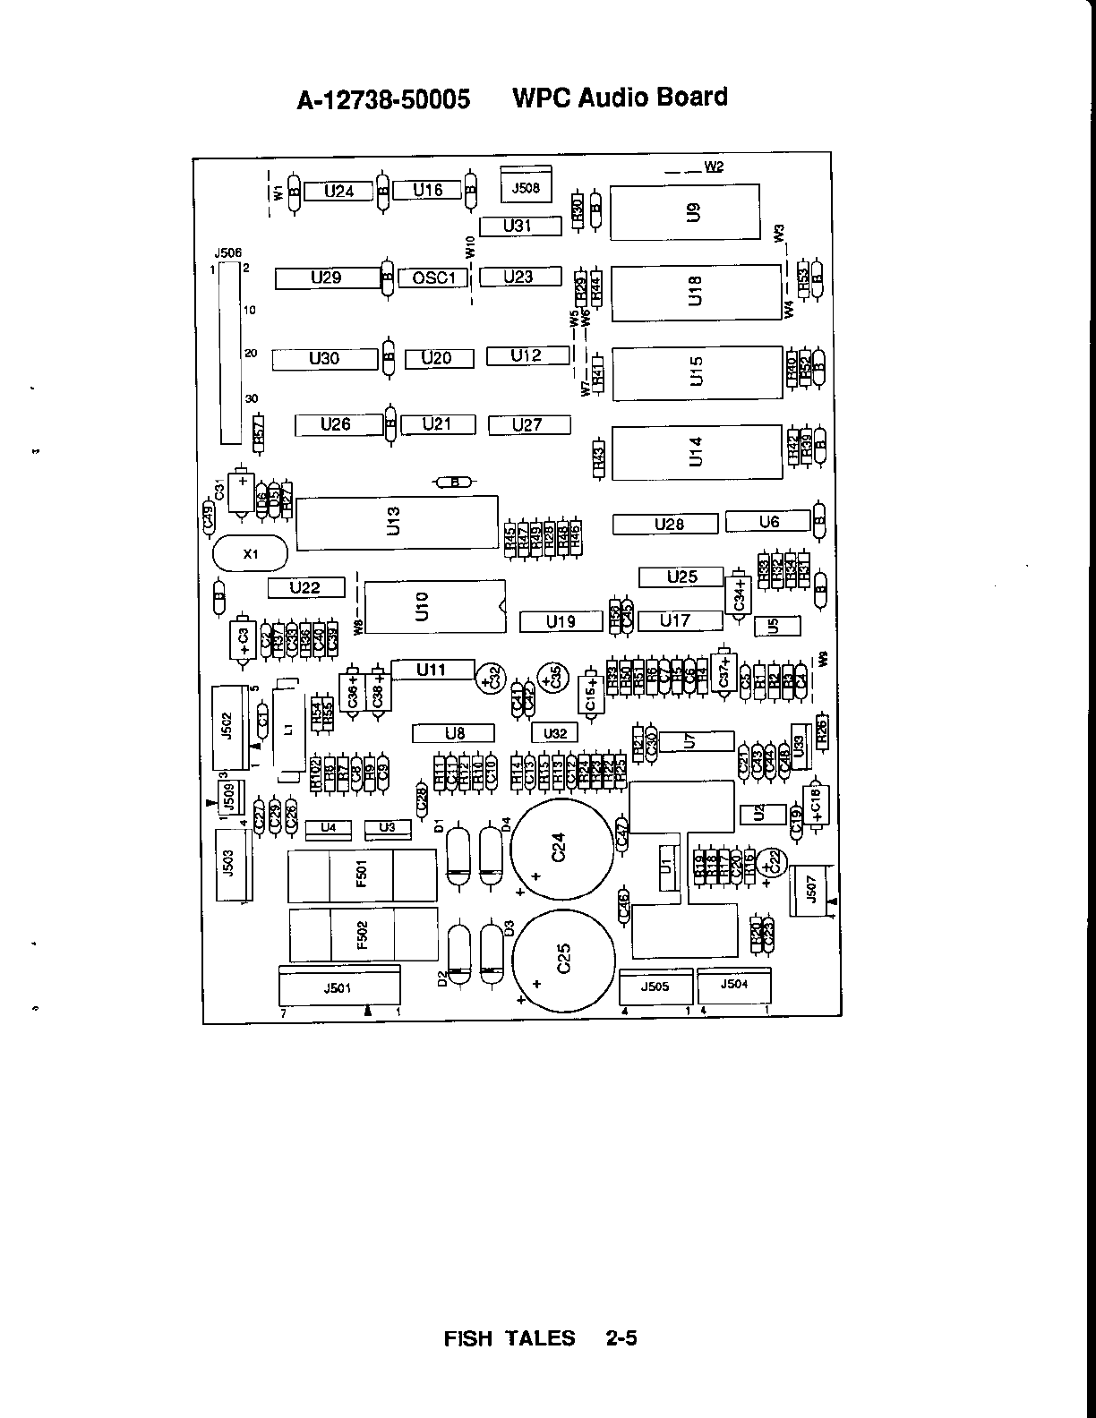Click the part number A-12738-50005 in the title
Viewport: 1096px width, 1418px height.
pos(383,99)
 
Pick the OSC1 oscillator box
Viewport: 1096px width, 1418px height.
pos(433,278)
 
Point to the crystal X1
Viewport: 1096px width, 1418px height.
pos(250,554)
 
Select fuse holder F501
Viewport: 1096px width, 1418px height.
pos(362,876)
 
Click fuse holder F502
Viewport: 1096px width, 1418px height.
pos(363,935)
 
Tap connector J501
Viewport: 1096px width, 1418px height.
pos(339,988)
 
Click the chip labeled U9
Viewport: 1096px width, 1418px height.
pos(685,212)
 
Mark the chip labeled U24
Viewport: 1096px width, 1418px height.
pos(338,191)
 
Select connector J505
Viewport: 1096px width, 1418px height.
pos(655,987)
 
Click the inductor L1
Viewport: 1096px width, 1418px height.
pos(287,730)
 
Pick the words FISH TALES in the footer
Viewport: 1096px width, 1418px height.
pos(509,1338)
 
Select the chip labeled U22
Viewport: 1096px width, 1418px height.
pos(305,587)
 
